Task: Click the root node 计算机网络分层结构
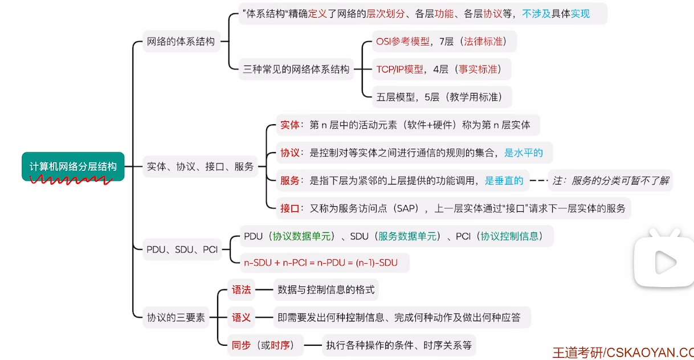(x=73, y=166)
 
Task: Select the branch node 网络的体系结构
(x=181, y=41)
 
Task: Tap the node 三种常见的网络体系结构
(x=296, y=69)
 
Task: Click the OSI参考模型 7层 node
(x=438, y=41)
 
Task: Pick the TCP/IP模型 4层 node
(x=438, y=69)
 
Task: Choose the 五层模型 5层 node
(x=439, y=97)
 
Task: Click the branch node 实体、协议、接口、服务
(x=200, y=167)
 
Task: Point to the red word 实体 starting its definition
(x=289, y=125)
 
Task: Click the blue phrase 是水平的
(x=524, y=153)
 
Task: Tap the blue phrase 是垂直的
(x=504, y=181)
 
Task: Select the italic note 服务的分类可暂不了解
(x=610, y=181)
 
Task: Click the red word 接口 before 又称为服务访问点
(x=289, y=208)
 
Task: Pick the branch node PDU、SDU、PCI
(x=182, y=249)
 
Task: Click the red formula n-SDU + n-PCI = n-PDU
(x=320, y=263)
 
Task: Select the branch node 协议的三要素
(x=176, y=317)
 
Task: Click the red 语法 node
(x=241, y=289)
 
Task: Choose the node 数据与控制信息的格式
(x=326, y=289)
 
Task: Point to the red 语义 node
(x=241, y=317)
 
